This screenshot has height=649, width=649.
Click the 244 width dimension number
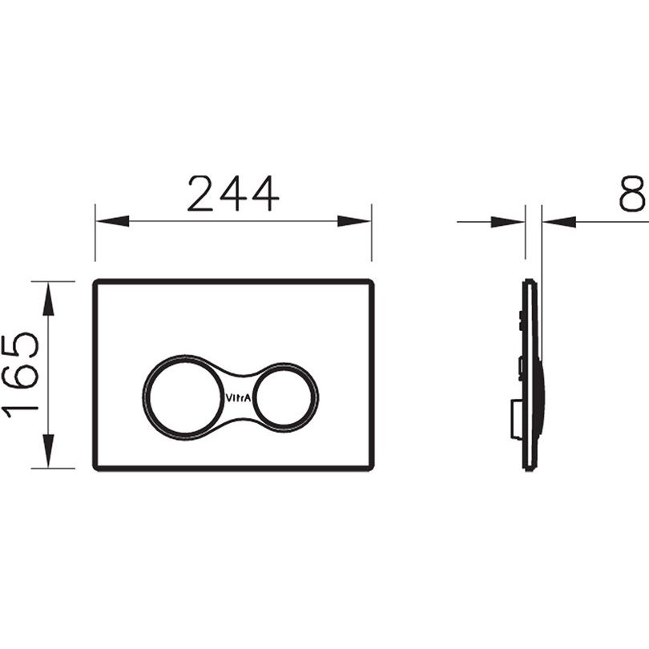pyautogui.click(x=233, y=193)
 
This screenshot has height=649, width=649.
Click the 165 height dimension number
pyautogui.click(x=20, y=375)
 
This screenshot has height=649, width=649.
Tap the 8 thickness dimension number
pyautogui.click(x=632, y=193)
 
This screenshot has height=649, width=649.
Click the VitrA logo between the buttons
pyautogui.click(x=238, y=398)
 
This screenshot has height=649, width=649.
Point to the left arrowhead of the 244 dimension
pyautogui.click(x=112, y=221)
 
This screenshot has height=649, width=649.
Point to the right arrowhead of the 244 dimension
pyautogui.click(x=354, y=221)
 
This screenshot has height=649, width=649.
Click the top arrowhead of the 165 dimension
pyautogui.click(x=48, y=299)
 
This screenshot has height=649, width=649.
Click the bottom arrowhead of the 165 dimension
pyautogui.click(x=48, y=451)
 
